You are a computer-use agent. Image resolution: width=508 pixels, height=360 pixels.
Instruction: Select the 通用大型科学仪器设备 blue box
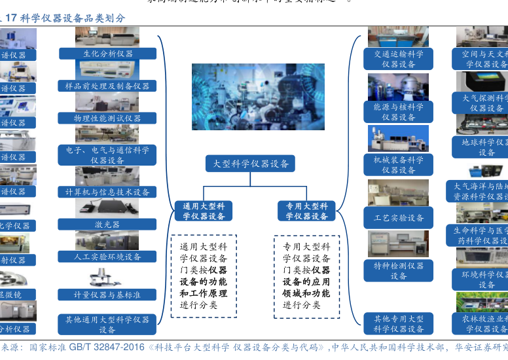point(203,211)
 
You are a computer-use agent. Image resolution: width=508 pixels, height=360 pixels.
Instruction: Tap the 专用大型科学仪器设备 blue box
point(306,211)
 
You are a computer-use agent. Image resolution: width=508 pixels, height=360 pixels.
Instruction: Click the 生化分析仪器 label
point(107,54)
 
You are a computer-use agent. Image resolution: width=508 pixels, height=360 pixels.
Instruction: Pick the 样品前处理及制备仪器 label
point(107,86)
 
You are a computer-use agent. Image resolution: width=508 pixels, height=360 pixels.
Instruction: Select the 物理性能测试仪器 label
point(107,118)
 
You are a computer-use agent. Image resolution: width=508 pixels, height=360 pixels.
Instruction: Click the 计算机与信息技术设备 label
point(107,192)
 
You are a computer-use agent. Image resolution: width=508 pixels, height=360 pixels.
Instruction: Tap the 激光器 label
point(107,224)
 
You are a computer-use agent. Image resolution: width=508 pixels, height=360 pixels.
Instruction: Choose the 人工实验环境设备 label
point(107,257)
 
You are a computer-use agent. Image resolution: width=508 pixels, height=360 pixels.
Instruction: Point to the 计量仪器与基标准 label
point(107,295)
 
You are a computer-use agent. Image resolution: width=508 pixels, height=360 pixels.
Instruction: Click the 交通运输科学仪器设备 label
point(398,59)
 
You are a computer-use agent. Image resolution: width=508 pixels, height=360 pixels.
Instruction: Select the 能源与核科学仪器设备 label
point(398,111)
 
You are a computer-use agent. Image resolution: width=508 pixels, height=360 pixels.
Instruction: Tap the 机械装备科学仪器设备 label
point(398,164)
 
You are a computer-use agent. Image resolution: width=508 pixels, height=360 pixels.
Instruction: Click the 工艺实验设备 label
point(398,217)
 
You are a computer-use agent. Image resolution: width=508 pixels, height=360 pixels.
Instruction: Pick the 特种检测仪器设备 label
point(398,270)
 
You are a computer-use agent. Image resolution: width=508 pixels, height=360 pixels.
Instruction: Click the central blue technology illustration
point(258,97)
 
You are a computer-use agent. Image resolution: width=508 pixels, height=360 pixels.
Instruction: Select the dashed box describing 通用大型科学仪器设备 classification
point(204,276)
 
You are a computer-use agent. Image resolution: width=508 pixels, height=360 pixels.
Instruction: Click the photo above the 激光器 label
point(107,207)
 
